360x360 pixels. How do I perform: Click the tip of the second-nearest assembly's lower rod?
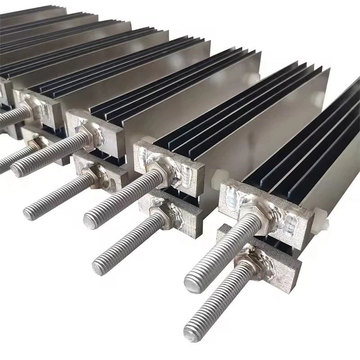coord(100,267)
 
